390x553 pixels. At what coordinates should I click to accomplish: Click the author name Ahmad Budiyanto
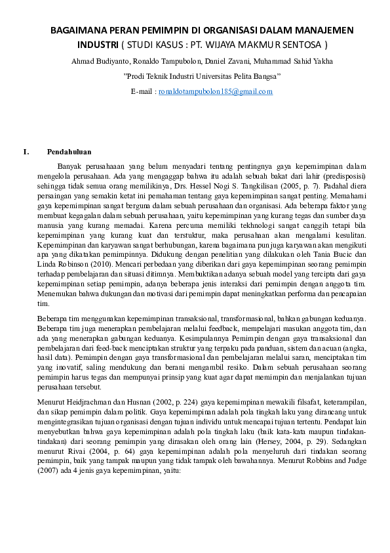point(96,62)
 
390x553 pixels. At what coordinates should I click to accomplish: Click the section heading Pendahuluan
point(73,152)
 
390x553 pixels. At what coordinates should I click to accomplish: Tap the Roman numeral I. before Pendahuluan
point(26,152)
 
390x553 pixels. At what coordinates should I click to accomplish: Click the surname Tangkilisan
point(265,187)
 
